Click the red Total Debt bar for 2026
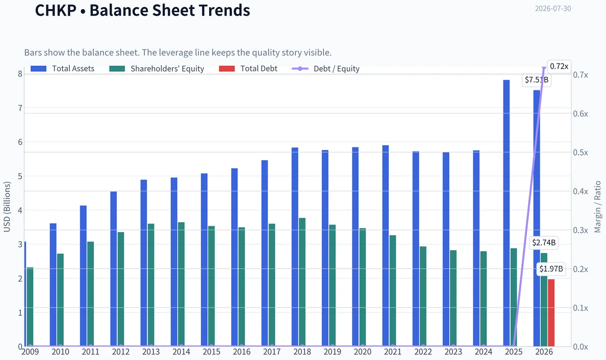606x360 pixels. click(x=551, y=313)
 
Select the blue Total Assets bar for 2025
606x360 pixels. click(x=507, y=213)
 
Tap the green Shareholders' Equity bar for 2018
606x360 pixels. click(x=302, y=282)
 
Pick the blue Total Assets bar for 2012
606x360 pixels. click(x=114, y=269)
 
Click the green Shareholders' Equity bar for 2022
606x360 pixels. click(x=423, y=296)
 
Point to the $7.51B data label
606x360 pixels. click(x=536, y=80)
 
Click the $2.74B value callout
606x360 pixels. click(x=544, y=243)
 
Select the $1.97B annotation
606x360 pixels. click(x=551, y=269)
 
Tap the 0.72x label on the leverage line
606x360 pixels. click(x=559, y=66)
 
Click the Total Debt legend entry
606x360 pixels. click(x=248, y=69)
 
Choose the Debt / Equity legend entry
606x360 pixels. click(x=326, y=69)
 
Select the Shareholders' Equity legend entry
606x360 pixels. click(x=157, y=69)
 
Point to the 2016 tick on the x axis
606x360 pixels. click(x=241, y=352)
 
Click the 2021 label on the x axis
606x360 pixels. click(x=393, y=352)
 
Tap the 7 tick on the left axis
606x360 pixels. click(x=20, y=108)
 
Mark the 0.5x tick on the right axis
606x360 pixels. click(x=581, y=152)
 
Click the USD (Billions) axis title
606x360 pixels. click(x=7, y=207)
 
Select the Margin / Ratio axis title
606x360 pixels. click(x=597, y=207)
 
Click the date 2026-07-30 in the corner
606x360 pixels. click(x=553, y=9)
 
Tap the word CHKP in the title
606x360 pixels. click(x=56, y=11)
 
